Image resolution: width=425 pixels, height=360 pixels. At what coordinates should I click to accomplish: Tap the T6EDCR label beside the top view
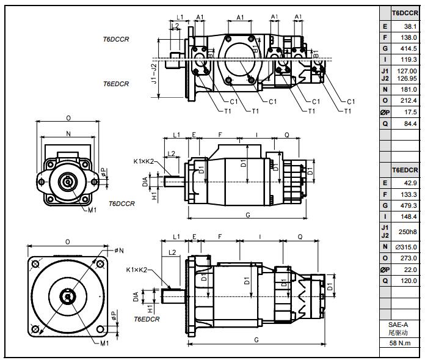coord(115,84)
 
